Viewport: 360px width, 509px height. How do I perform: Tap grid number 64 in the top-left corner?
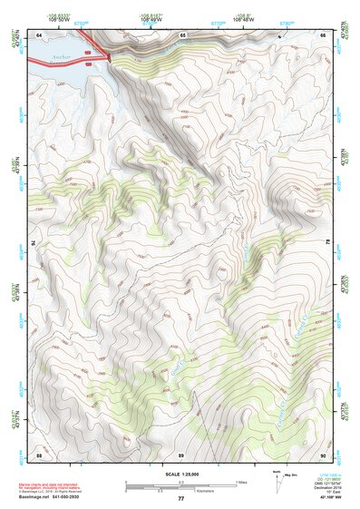tap(39, 35)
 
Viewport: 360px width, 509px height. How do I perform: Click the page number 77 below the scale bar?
tap(180, 499)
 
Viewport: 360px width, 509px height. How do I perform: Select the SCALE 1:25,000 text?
tap(180, 475)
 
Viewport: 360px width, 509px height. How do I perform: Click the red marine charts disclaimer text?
tap(54, 485)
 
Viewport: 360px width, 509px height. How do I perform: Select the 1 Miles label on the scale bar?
tap(240, 481)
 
